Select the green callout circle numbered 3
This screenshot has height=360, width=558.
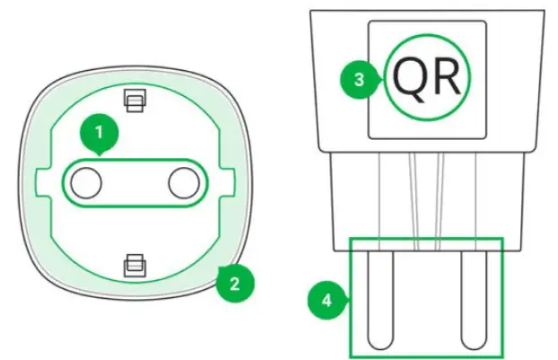click(x=359, y=79)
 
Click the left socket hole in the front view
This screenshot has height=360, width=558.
click(x=86, y=183)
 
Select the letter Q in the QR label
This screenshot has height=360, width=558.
click(x=406, y=79)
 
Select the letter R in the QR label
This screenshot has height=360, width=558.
click(x=446, y=79)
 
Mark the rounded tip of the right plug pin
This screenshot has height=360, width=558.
click(x=472, y=341)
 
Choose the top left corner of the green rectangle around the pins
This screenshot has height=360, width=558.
click(x=350, y=237)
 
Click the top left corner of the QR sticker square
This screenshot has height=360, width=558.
click(x=370, y=22)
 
